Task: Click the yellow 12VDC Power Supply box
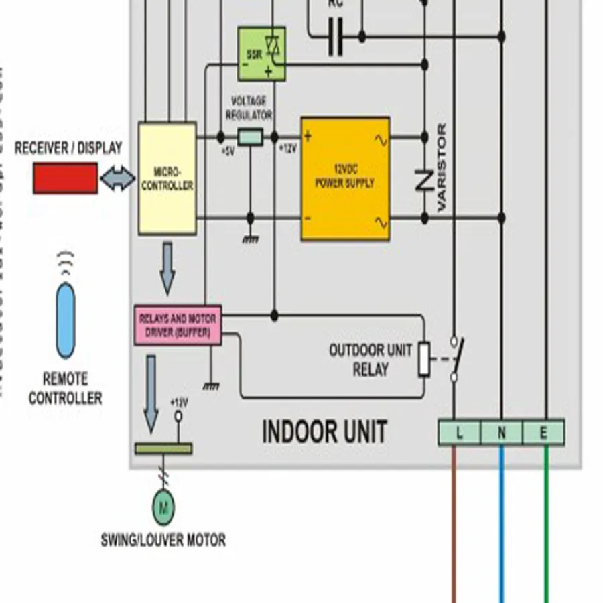345,179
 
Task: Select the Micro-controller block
167,178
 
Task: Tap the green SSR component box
261,54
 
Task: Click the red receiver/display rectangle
66,178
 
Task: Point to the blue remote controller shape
66,320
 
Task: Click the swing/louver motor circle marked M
163,507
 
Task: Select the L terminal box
460,433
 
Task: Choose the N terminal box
501,433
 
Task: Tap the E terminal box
543,433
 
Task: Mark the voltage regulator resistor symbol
250,138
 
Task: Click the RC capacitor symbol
335,36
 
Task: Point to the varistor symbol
423,179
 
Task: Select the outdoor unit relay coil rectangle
424,358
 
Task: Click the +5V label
227,151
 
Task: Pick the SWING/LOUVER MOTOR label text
163,540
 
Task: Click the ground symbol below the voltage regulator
250,238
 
